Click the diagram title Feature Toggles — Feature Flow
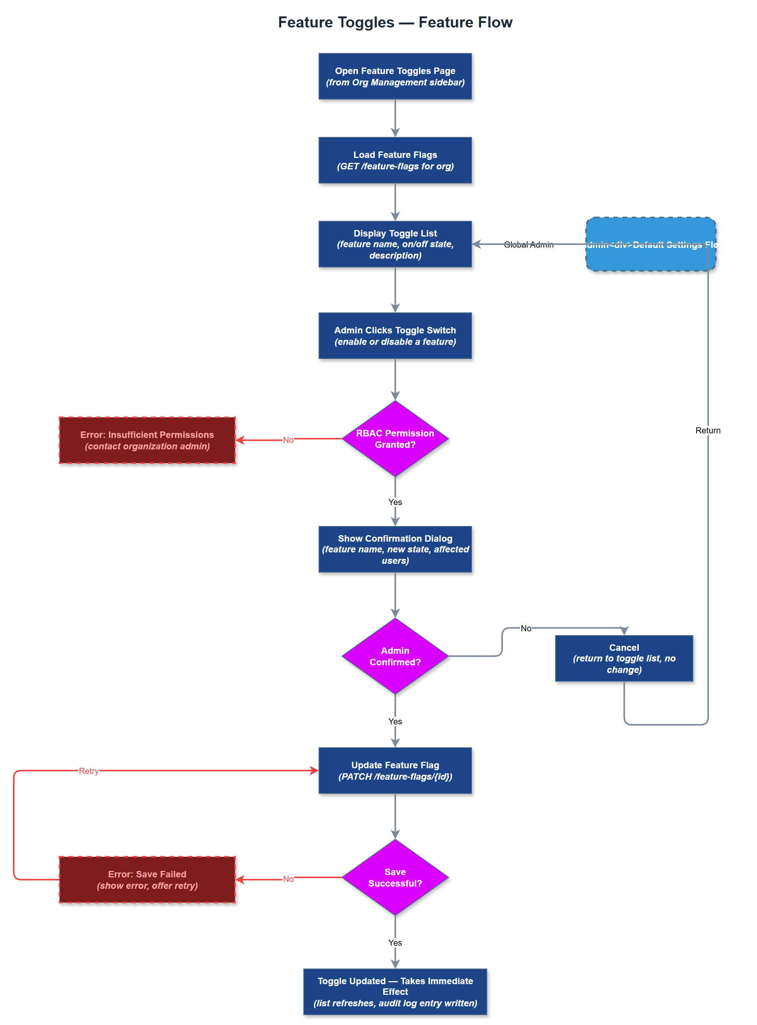[x=395, y=22]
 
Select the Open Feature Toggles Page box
[x=395, y=77]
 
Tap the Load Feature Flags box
[x=395, y=160]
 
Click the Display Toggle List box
[x=395, y=244]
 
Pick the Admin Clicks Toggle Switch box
[x=395, y=336]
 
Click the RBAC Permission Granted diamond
[x=395, y=439]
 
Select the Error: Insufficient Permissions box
[x=147, y=440]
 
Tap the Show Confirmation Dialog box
[x=395, y=549]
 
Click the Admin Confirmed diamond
[x=395, y=656]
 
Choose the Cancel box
[x=624, y=658]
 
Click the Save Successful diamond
[x=395, y=877]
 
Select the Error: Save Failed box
[x=147, y=879]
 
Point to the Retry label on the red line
[x=89, y=771]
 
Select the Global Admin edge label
[x=528, y=245]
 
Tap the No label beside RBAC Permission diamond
[x=288, y=440]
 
